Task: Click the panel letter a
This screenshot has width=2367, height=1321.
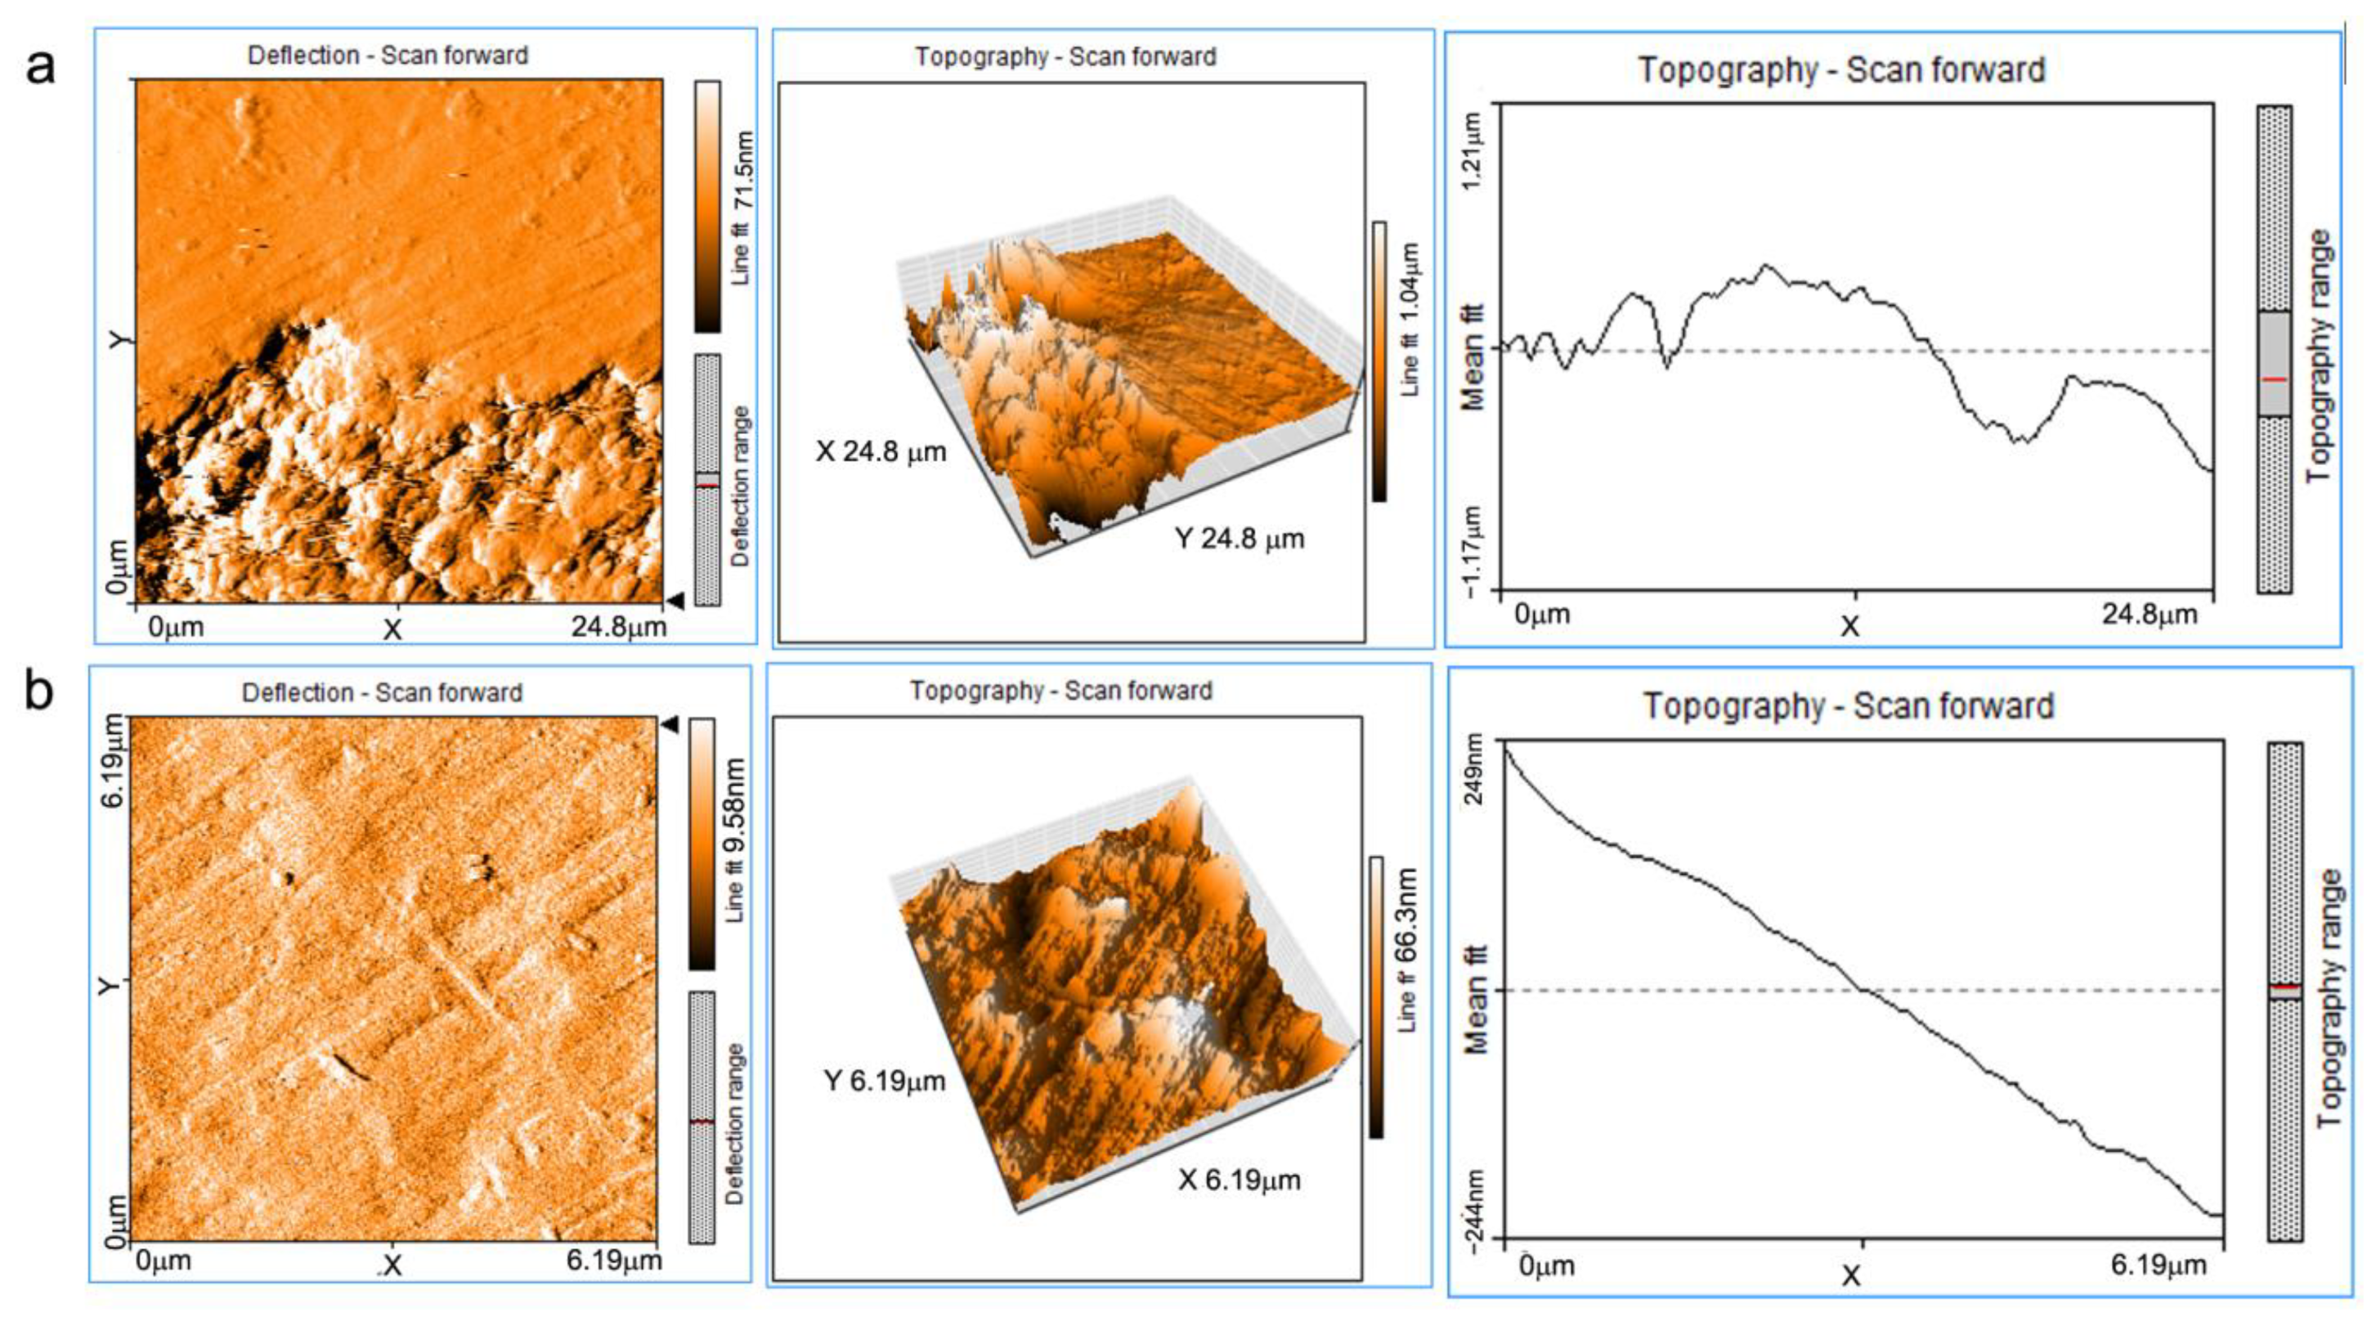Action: (x=39, y=67)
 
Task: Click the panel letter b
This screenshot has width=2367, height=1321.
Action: (x=39, y=691)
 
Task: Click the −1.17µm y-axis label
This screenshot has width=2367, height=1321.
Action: (x=1473, y=550)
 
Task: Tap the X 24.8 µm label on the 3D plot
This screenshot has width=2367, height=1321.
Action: (x=881, y=452)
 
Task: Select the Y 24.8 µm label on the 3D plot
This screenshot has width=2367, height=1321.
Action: (x=1239, y=539)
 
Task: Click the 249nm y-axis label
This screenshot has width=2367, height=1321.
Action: (x=1473, y=770)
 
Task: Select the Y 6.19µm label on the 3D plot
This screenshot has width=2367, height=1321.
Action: (x=884, y=1081)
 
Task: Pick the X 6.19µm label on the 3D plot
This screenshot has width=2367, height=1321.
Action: (x=1239, y=1180)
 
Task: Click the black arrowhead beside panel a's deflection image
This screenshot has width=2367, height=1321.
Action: (x=675, y=601)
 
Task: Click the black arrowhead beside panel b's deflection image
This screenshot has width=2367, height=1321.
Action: (x=670, y=726)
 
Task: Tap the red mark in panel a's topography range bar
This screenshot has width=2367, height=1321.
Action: (x=2274, y=379)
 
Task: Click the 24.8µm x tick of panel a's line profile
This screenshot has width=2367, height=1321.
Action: (x=2150, y=615)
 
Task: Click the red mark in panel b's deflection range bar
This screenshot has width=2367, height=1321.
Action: (x=702, y=1122)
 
